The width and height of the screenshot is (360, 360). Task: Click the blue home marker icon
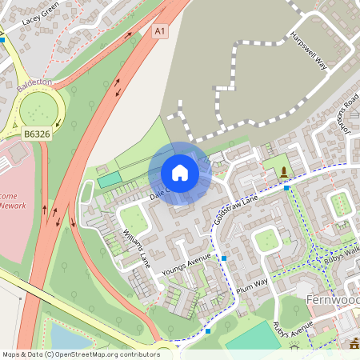pyautogui.click(x=179, y=173)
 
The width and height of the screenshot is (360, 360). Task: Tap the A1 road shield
pyautogui.click(x=161, y=31)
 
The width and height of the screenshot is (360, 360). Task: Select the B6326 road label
pyautogui.click(x=37, y=134)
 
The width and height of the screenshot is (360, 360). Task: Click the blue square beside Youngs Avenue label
pyautogui.click(x=225, y=258)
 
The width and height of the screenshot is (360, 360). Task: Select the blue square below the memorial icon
pyautogui.click(x=286, y=189)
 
